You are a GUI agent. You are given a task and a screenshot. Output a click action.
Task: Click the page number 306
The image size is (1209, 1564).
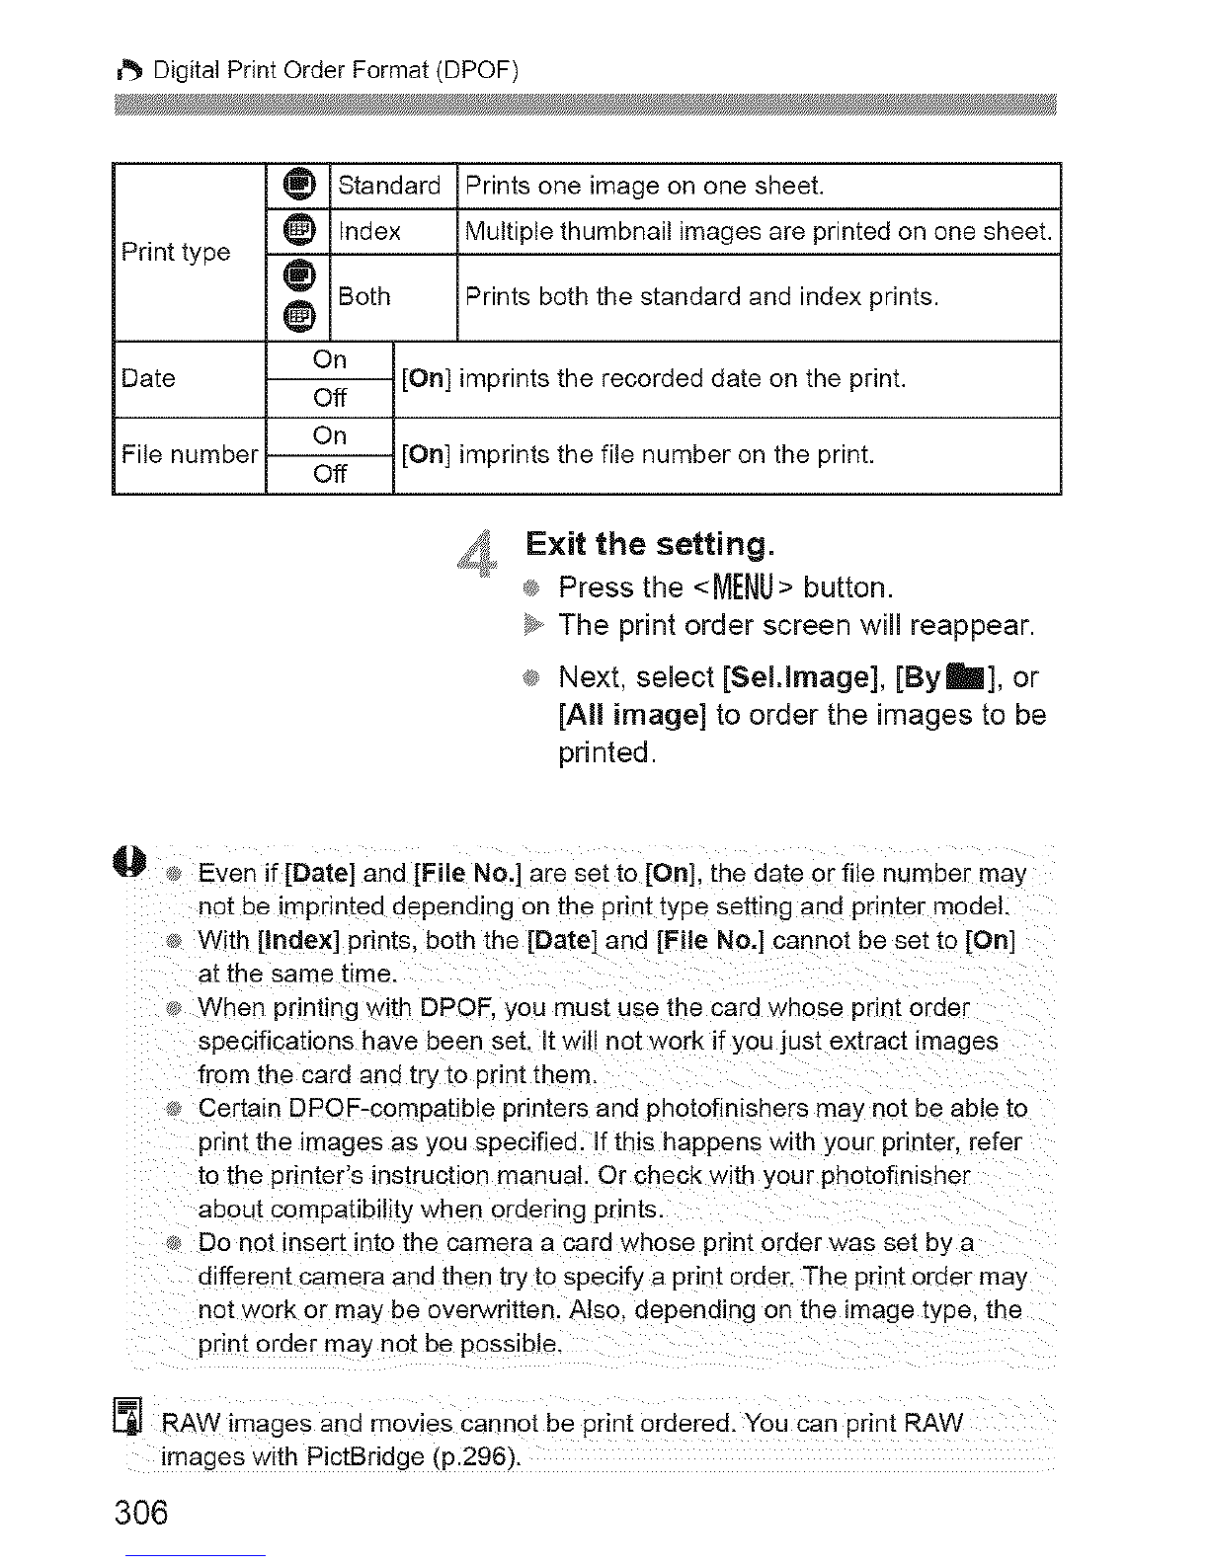click(142, 1513)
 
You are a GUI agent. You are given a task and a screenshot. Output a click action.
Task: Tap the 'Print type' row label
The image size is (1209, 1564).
click(176, 252)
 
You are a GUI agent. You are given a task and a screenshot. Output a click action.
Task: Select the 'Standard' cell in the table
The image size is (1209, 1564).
click(389, 186)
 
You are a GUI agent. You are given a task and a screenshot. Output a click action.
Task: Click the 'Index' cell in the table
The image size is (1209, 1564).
click(369, 232)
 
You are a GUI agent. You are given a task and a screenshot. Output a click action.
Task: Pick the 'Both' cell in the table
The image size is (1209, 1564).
click(364, 296)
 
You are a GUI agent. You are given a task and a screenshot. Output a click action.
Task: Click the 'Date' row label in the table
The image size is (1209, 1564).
click(148, 378)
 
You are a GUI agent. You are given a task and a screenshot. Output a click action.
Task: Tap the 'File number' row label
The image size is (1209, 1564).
click(189, 454)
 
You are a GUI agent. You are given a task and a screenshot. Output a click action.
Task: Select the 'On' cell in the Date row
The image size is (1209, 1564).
click(330, 360)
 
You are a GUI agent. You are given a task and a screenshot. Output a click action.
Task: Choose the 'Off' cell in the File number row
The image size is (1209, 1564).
click(330, 474)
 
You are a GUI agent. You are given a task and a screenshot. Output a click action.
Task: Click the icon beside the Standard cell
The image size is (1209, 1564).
click(298, 185)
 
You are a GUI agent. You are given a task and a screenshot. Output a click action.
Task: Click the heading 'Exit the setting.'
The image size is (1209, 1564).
click(650, 544)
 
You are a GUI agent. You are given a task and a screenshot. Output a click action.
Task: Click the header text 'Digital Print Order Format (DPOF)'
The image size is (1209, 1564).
click(336, 71)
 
